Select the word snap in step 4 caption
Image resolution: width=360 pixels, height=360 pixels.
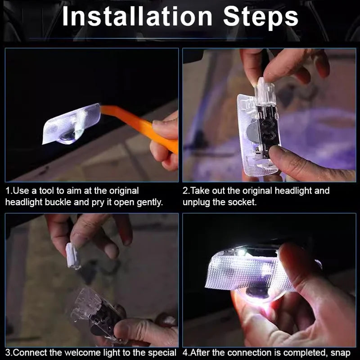pos(341,352)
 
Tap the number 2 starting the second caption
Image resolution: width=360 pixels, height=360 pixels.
pos(185,191)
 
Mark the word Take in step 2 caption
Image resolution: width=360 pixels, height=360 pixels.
pos(198,191)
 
